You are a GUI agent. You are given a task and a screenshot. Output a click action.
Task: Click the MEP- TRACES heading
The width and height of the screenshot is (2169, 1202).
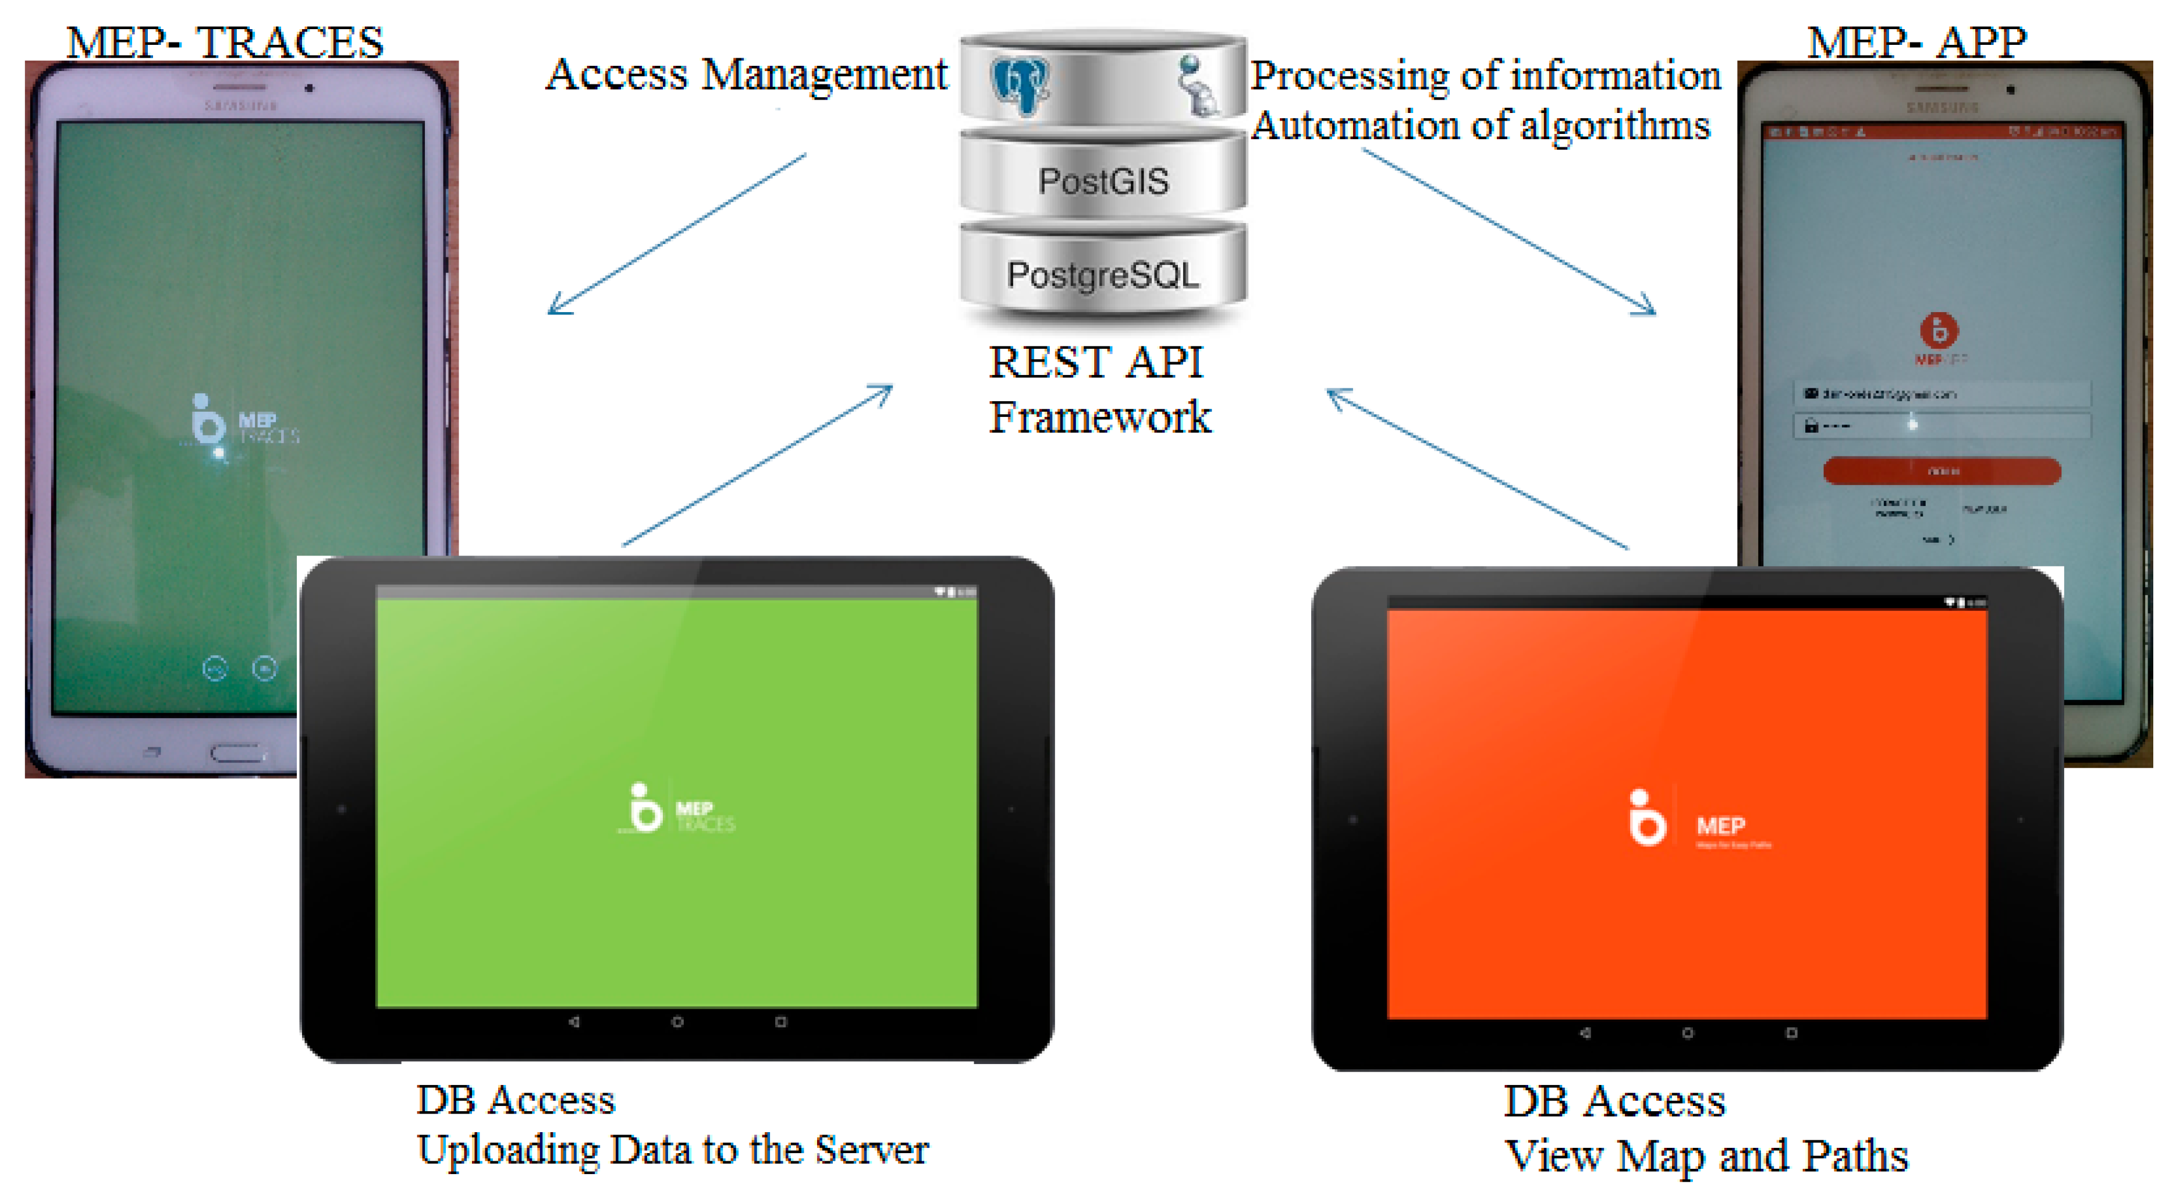[x=225, y=42]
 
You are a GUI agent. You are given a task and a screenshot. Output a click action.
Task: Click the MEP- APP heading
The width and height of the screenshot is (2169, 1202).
[x=1917, y=42]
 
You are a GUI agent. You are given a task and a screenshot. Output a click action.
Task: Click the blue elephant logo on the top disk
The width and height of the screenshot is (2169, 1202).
[x=1020, y=85]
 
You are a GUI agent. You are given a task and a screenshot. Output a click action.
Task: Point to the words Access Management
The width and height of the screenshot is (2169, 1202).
[x=747, y=74]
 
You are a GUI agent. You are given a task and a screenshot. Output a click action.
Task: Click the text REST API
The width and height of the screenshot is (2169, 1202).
[x=1096, y=362]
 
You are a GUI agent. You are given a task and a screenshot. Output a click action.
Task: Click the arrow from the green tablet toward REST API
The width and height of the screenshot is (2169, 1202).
[x=757, y=466]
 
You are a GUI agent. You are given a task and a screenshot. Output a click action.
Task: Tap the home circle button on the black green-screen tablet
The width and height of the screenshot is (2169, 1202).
[x=677, y=1021]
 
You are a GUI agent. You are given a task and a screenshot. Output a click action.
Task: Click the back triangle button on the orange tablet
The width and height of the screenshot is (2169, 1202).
[x=1585, y=1033]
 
